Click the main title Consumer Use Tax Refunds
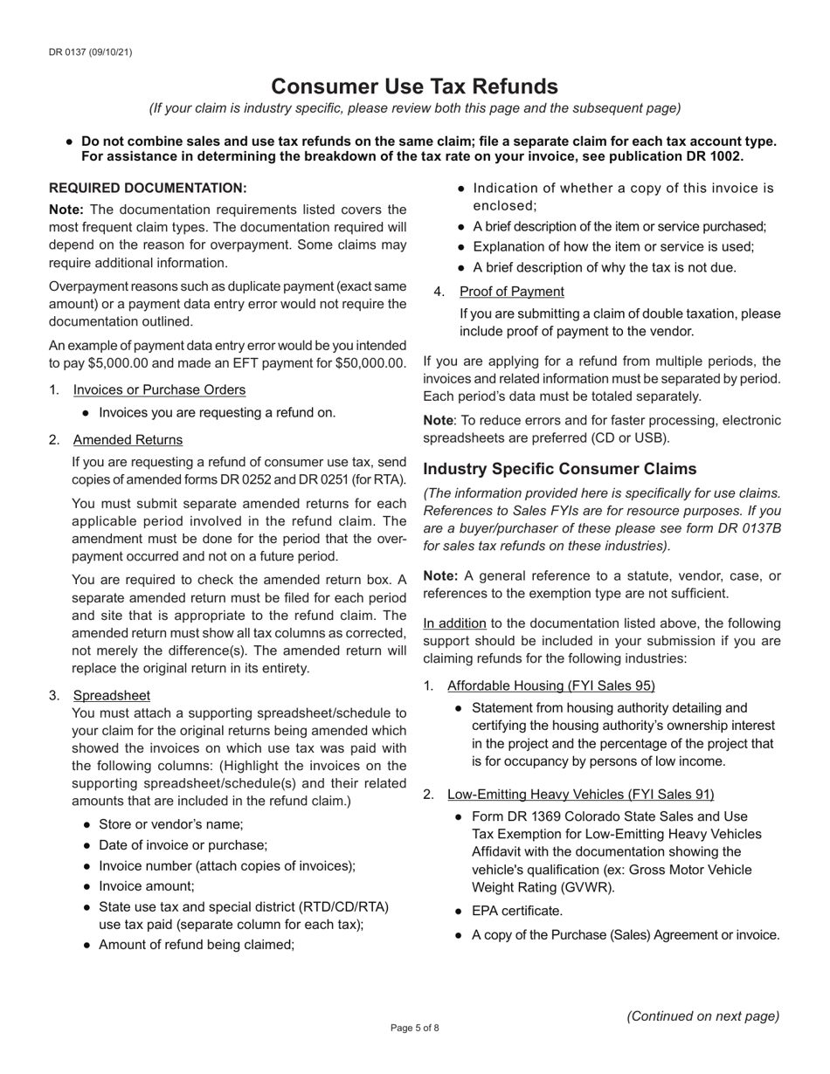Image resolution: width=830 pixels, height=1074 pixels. click(x=414, y=86)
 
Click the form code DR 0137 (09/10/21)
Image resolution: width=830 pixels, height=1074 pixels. click(x=91, y=52)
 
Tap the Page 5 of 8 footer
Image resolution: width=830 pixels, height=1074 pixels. click(x=414, y=1028)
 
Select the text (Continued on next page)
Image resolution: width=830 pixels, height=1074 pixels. click(x=702, y=1015)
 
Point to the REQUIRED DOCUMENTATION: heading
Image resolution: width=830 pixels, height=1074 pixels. click(x=148, y=188)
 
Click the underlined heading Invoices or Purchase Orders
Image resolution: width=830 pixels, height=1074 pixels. click(x=159, y=389)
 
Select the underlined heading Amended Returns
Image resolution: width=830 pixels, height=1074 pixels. click(x=128, y=439)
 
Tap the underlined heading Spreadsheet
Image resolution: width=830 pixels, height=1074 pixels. click(x=111, y=695)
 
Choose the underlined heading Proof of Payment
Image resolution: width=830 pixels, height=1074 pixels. click(x=511, y=291)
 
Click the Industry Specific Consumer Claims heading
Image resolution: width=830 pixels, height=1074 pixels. click(x=572, y=469)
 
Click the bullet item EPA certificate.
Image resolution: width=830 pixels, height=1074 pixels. click(x=516, y=911)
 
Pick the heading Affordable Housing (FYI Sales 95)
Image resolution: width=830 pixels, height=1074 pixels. click(x=550, y=685)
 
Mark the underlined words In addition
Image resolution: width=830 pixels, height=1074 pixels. click(x=454, y=623)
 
